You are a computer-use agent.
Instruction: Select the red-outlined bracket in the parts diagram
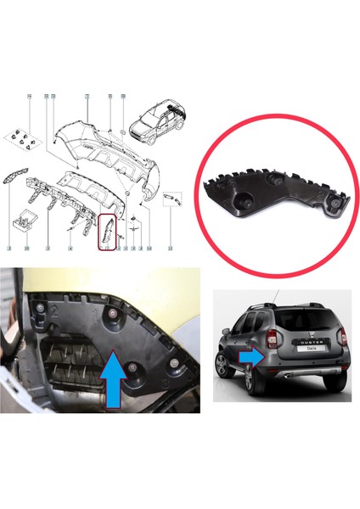click(107, 232)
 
